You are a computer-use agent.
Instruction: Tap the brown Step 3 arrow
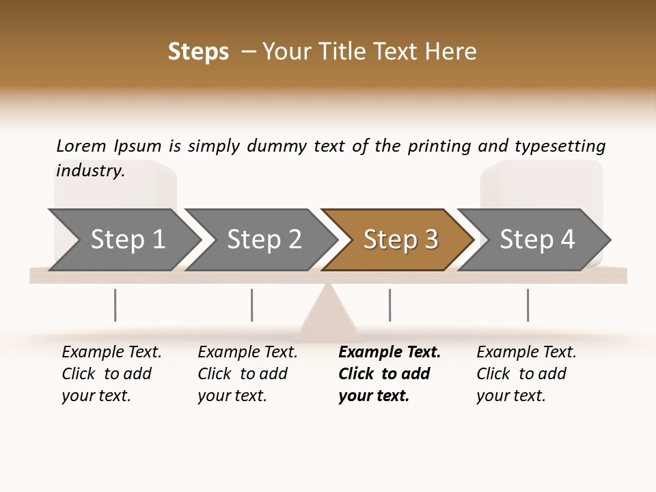(x=400, y=239)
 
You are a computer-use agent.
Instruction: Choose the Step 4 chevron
(x=536, y=239)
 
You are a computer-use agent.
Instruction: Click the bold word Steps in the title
(x=198, y=52)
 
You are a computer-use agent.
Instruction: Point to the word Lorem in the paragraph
(x=81, y=146)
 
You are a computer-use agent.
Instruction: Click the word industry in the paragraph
(x=90, y=170)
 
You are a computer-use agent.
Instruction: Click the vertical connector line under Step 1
(x=115, y=305)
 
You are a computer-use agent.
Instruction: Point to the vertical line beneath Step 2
(x=252, y=305)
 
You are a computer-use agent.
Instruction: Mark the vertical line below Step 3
(x=389, y=305)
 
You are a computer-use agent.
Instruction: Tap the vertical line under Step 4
(x=528, y=305)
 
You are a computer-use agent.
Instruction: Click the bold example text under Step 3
(x=389, y=374)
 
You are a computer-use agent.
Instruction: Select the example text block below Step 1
(x=111, y=374)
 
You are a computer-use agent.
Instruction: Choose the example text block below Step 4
(x=526, y=374)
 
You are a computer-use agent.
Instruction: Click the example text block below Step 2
(x=247, y=374)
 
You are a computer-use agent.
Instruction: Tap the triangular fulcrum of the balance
(x=329, y=314)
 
